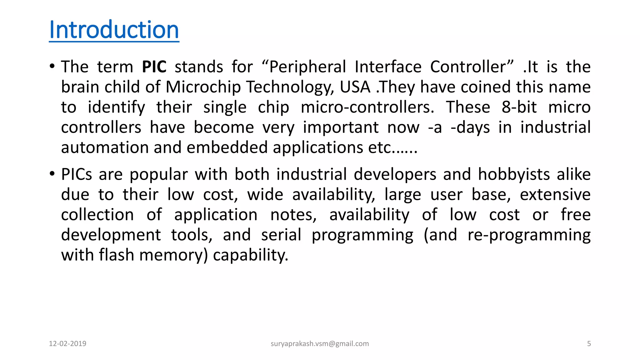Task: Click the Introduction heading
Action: pyautogui.click(x=114, y=30)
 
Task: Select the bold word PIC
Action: pyautogui.click(x=154, y=67)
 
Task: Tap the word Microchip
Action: pyautogui.click(x=203, y=87)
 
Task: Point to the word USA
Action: pyautogui.click(x=355, y=87)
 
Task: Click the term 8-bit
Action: pyautogui.click(x=519, y=107)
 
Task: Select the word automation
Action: pyautogui.click(x=105, y=147)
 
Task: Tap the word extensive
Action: pyautogui.click(x=555, y=194)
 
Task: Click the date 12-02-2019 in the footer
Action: pyautogui.click(x=67, y=344)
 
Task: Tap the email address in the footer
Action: pyautogui.click(x=320, y=344)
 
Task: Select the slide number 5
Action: pyautogui.click(x=589, y=344)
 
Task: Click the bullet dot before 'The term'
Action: pyautogui.click(x=52, y=66)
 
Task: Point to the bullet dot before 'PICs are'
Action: pyautogui.click(x=52, y=174)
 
